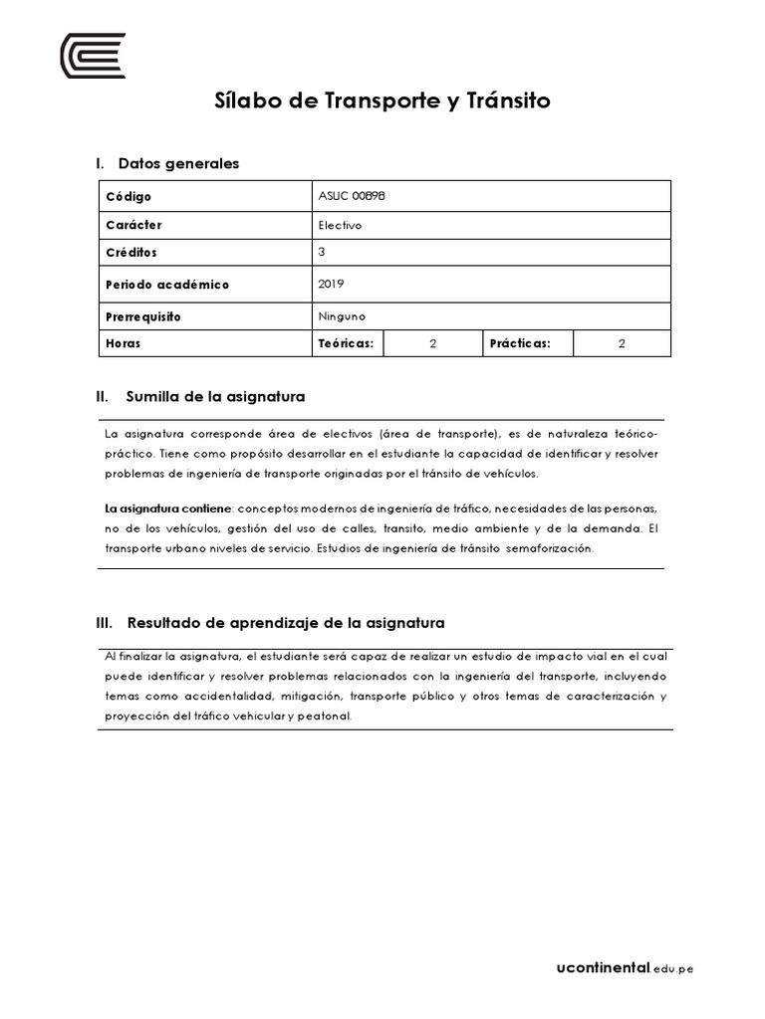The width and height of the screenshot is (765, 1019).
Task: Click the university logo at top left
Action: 93,55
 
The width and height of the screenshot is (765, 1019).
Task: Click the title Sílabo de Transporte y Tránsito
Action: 382,102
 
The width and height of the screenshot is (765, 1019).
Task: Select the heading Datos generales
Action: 177,163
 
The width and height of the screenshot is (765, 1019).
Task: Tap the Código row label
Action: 129,197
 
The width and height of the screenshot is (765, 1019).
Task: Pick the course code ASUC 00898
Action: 351,196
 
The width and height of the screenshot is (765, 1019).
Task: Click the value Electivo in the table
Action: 340,225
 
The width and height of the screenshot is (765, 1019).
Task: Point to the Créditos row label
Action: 131,253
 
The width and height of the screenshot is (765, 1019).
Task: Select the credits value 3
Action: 322,253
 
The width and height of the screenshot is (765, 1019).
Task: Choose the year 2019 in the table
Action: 331,284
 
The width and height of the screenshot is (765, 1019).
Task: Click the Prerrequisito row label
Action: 143,316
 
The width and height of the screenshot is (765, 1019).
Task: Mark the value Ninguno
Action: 342,316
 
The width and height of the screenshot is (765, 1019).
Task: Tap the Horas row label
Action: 124,343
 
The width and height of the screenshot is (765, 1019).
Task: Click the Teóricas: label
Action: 346,343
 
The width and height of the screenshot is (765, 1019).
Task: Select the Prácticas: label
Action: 519,343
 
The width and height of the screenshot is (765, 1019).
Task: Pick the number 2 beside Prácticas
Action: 622,343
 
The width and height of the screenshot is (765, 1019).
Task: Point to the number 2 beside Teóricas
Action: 433,343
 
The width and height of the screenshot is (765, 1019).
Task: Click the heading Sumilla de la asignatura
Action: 215,397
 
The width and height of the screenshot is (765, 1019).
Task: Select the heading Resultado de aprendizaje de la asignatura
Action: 285,623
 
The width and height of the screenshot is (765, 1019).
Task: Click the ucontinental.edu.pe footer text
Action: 625,967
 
